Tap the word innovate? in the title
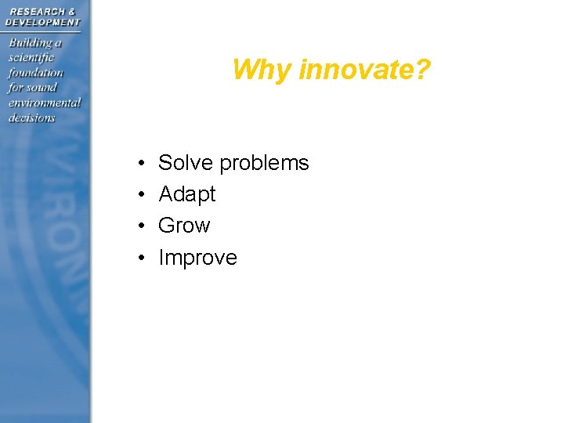tap(364, 70)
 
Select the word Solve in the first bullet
tap(186, 163)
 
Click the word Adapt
tap(186, 195)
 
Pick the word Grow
tap(184, 226)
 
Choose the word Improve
tap(197, 258)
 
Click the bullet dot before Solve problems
tap(138, 164)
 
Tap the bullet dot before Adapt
tap(138, 196)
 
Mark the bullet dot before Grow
tap(138, 227)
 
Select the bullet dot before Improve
tap(138, 258)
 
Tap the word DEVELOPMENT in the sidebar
tap(43, 22)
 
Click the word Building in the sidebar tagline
tap(30, 42)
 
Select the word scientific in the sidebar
tap(31, 57)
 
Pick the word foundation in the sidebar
tap(35, 72)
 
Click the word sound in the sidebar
tap(42, 88)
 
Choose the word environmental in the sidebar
tap(45, 103)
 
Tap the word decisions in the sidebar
tap(31, 117)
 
